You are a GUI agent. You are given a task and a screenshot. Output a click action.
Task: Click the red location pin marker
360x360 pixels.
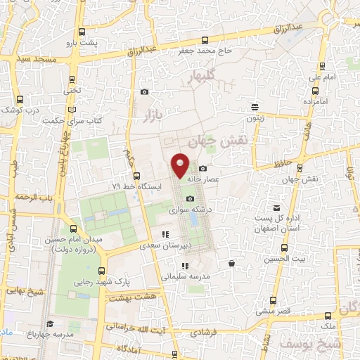pos(181,166)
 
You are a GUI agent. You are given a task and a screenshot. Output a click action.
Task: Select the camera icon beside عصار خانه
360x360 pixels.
pos(202,168)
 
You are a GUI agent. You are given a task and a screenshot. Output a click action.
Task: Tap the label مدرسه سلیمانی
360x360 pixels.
pos(185,277)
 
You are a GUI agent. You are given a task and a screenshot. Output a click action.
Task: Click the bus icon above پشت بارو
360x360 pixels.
pos(83,32)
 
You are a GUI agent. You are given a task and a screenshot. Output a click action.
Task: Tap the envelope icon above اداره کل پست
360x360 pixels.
pos(278,207)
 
